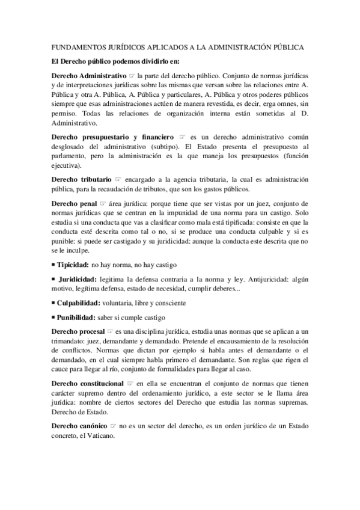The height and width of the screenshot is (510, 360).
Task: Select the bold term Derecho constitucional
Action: (88, 383)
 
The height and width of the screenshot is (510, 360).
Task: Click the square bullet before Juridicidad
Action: (54, 280)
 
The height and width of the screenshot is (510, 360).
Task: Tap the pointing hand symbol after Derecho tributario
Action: (118, 179)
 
